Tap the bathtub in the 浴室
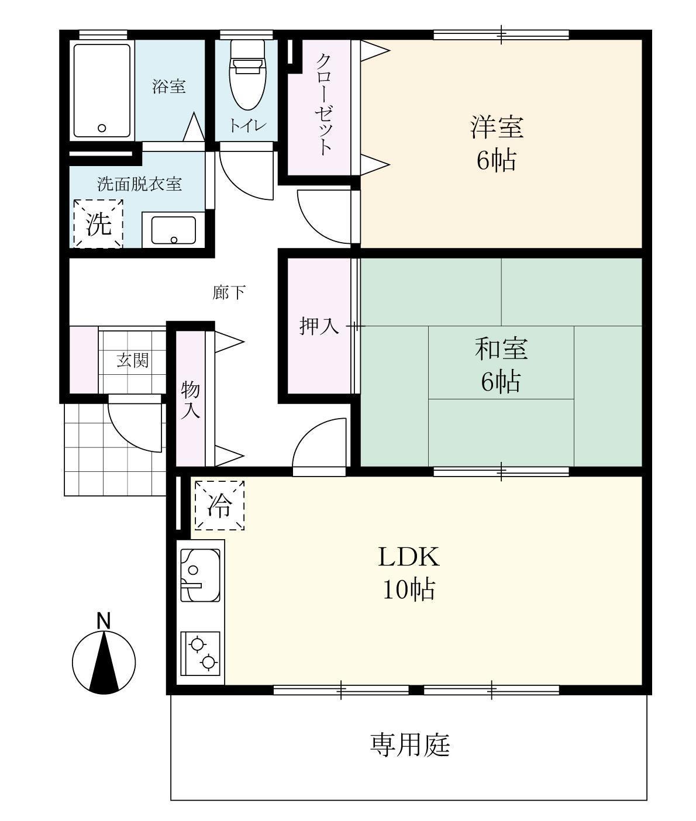point(102,90)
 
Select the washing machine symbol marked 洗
point(98,224)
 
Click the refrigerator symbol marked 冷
point(219,505)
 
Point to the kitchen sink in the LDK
point(200,575)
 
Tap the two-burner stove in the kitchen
point(201,653)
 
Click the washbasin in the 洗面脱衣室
point(174,230)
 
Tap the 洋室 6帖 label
point(497,143)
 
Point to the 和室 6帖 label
point(501,365)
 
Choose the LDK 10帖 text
point(408,572)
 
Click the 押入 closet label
point(319,326)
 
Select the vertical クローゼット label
point(325,104)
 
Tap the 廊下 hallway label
point(229,292)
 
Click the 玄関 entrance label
point(133,360)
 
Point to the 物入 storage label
point(191,399)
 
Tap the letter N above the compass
point(104,620)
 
